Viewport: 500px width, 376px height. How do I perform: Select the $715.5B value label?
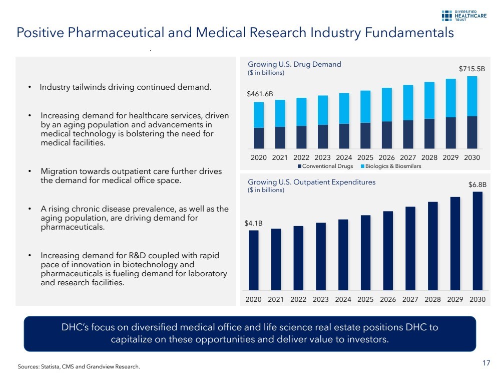coord(472,68)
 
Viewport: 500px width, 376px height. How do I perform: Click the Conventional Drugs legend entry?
coord(325,166)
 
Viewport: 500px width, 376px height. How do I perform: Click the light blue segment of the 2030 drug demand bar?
coord(472,96)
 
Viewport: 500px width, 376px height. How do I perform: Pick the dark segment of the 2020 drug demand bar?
coord(259,138)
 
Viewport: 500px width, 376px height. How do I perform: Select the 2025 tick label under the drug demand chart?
coord(365,157)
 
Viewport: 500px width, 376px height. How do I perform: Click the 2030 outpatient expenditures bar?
coord(477,241)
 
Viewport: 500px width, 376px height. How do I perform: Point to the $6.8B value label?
coord(477,184)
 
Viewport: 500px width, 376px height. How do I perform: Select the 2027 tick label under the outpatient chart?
coord(410,299)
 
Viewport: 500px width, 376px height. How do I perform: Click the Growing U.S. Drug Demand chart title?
coord(294,64)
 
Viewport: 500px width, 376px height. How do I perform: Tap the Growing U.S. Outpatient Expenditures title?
coord(311,182)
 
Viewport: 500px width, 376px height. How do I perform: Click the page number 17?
coord(486,363)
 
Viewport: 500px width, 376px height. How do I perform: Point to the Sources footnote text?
coord(79,366)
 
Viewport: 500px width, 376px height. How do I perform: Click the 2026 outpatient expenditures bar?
coord(388,250)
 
